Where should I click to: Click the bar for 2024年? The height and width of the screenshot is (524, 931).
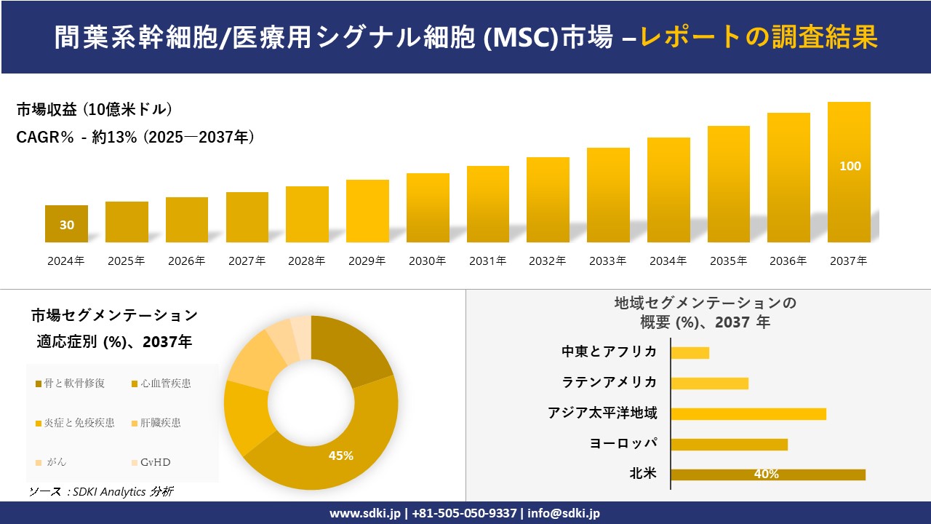click(x=66, y=223)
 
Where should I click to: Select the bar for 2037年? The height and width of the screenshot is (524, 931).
click(x=849, y=172)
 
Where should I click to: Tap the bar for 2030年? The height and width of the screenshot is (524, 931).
click(x=428, y=207)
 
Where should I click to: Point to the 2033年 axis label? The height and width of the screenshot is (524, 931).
click(x=607, y=261)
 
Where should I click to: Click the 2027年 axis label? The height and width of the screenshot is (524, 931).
click(x=247, y=261)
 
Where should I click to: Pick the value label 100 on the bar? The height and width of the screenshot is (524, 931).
click(x=850, y=166)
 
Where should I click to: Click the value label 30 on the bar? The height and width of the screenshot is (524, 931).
click(x=66, y=225)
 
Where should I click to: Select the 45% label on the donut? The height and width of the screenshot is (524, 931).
click(x=340, y=456)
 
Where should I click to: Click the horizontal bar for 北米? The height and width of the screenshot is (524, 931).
click(x=768, y=475)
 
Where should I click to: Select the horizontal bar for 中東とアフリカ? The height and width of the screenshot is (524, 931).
click(x=690, y=352)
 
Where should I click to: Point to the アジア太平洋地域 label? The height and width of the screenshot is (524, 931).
click(x=602, y=413)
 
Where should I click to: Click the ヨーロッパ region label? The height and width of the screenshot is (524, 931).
click(x=623, y=444)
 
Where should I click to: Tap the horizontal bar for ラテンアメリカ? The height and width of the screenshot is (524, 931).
click(x=709, y=383)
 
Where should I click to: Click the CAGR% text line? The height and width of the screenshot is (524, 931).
click(x=135, y=138)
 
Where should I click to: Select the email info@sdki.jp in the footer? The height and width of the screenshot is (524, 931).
click(x=564, y=513)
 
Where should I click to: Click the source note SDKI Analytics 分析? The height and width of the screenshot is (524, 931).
click(x=101, y=492)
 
